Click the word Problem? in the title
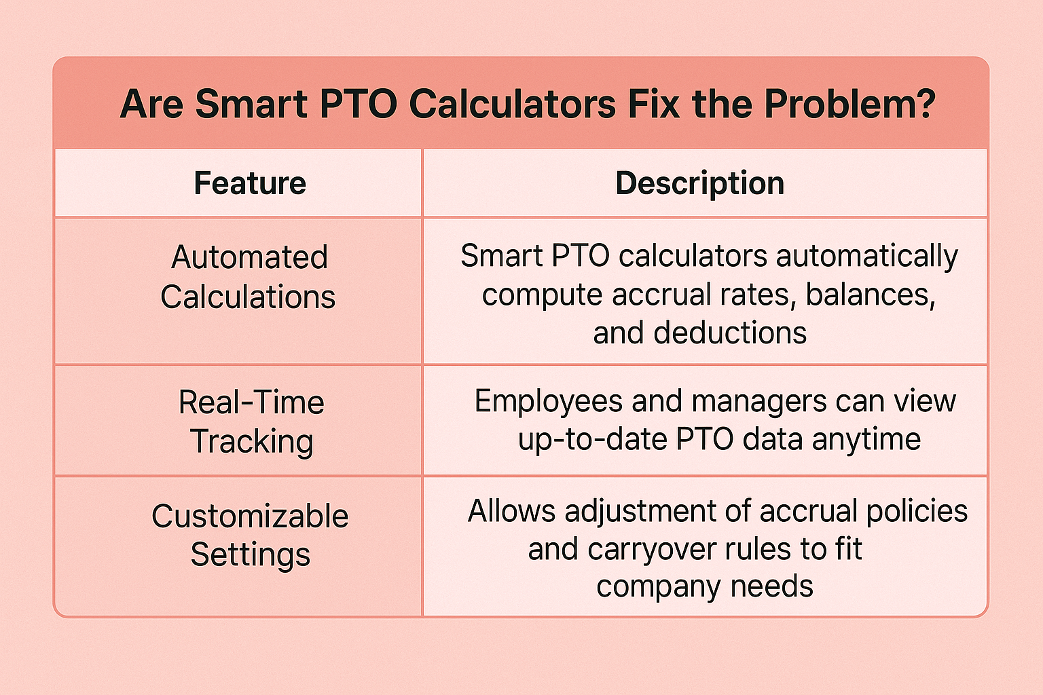(x=849, y=105)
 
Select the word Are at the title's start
(x=151, y=105)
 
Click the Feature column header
(x=250, y=183)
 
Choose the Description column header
(x=700, y=184)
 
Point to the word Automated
(x=250, y=257)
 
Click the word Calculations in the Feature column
(x=248, y=297)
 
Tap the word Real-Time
(x=251, y=402)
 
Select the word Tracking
(x=251, y=442)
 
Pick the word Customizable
(x=250, y=516)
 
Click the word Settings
(x=251, y=555)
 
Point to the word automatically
(x=867, y=257)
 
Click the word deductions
(x=730, y=333)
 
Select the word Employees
(x=548, y=402)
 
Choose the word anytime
(x=866, y=440)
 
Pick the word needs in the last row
(x=771, y=586)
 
